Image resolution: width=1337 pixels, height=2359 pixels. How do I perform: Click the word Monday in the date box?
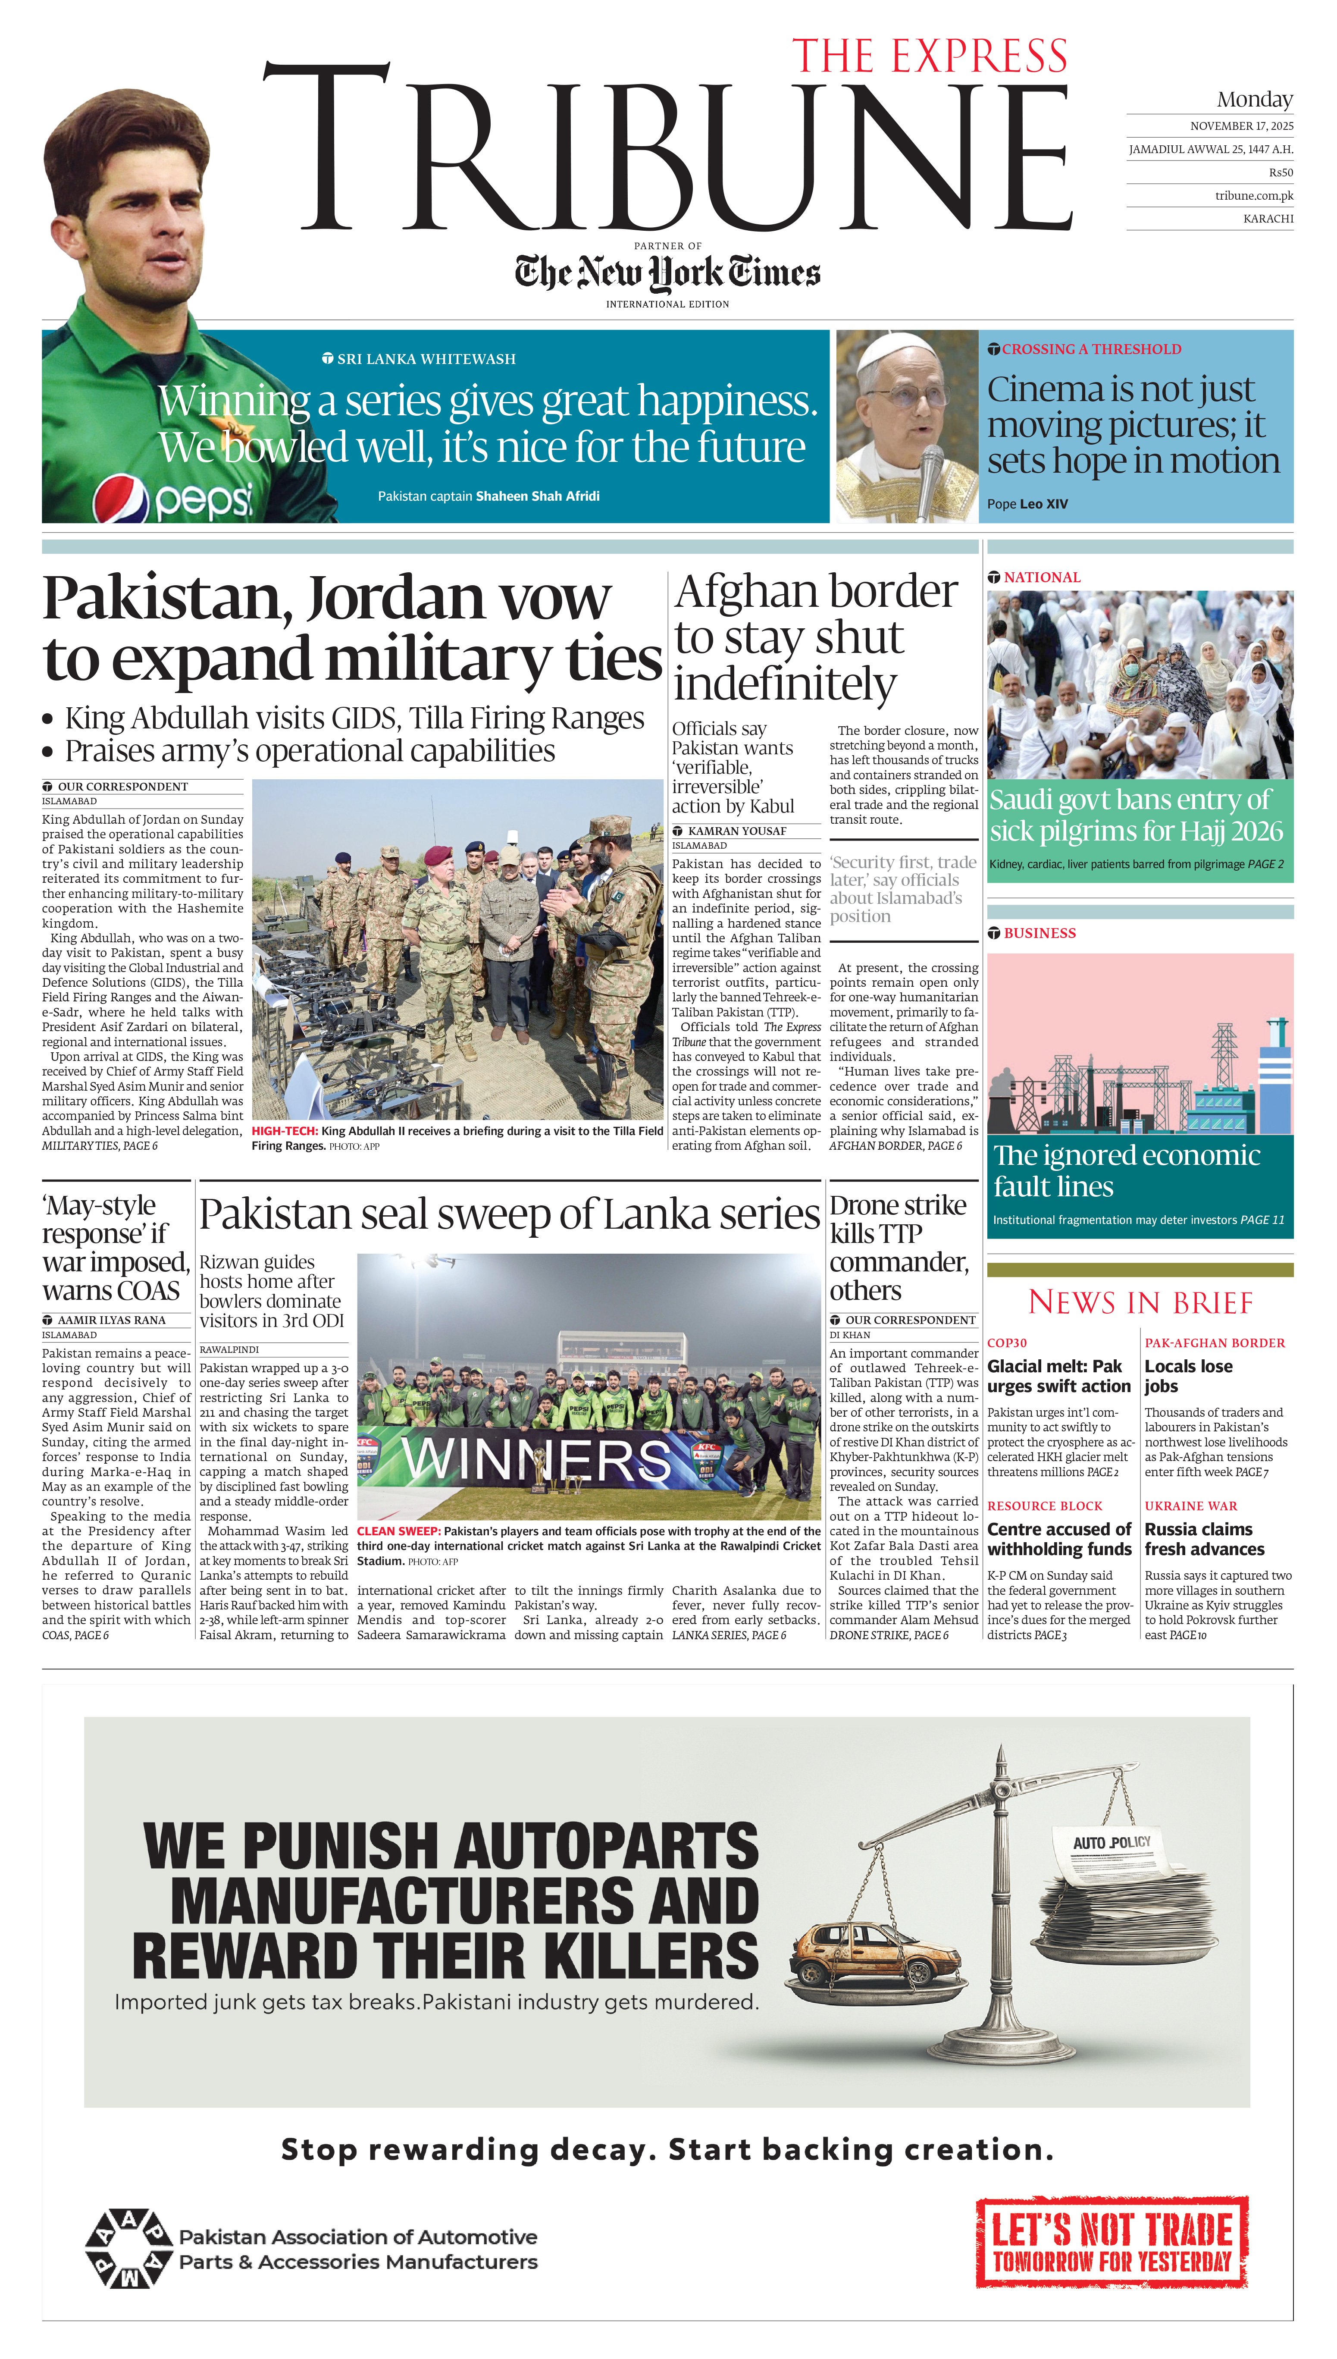[x=1254, y=99]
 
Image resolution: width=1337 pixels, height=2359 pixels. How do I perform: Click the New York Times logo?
[x=667, y=273]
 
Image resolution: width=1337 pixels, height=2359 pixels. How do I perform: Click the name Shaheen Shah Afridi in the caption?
[x=537, y=496]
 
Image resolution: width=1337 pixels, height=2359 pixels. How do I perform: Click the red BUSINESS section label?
[x=1040, y=933]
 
